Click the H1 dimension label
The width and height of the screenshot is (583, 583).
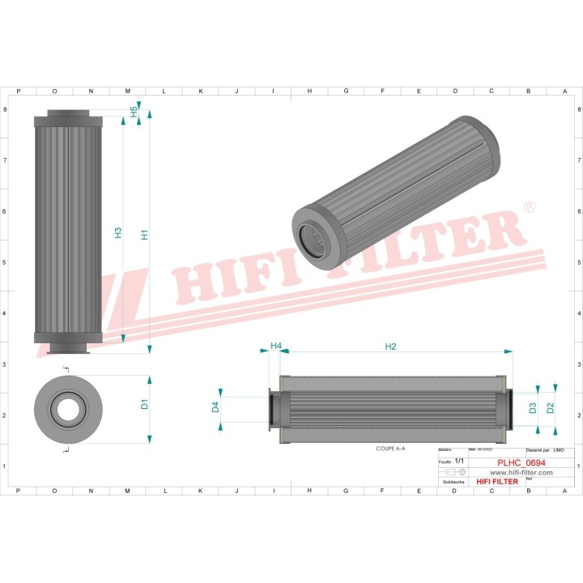[x=145, y=235]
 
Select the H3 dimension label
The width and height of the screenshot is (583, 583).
[x=118, y=232]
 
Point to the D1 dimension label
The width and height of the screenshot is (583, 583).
[x=145, y=404]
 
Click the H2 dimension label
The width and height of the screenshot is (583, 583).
[x=390, y=347]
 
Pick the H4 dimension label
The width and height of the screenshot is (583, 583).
[x=275, y=346]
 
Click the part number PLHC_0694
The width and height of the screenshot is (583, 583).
[x=521, y=463]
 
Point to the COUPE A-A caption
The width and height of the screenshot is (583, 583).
[x=390, y=448]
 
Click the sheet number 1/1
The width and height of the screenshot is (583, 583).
[x=459, y=461]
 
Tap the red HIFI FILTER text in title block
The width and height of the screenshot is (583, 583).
[x=496, y=482]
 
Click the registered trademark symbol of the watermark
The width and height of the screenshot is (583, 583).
[x=529, y=208]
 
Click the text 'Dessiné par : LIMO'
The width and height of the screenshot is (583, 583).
[x=544, y=449]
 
